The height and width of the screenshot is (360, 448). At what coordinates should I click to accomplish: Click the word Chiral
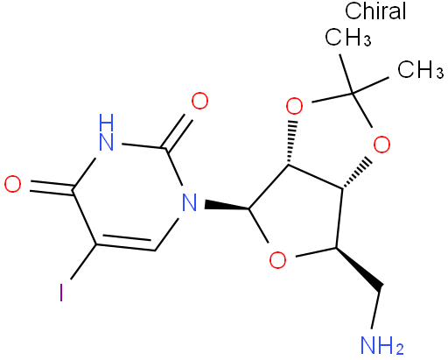(x=375, y=11)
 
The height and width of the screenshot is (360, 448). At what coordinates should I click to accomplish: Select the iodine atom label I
(x=61, y=293)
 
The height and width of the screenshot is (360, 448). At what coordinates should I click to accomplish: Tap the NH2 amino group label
(x=382, y=345)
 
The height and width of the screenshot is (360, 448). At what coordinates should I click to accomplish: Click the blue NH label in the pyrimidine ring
(x=106, y=132)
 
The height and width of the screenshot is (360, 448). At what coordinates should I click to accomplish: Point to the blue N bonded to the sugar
(x=189, y=202)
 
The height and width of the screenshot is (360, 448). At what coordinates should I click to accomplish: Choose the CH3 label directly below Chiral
(x=348, y=37)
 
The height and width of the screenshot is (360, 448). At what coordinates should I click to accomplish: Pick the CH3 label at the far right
(x=421, y=69)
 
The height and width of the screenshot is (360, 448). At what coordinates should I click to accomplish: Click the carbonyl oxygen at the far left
(x=13, y=184)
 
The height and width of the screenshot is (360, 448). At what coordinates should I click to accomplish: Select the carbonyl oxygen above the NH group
(x=199, y=101)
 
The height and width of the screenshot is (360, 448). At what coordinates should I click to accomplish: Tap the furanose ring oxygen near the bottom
(x=277, y=260)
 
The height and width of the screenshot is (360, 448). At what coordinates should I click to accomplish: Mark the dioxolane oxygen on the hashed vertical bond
(x=294, y=106)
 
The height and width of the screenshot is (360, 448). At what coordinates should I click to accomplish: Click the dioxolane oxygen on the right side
(x=381, y=145)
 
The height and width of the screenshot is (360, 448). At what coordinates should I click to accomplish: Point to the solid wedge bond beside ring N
(x=227, y=206)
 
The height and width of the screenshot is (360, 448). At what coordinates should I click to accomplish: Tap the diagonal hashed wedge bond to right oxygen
(x=358, y=173)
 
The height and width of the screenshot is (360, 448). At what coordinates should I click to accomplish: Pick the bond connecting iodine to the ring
(x=83, y=262)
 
